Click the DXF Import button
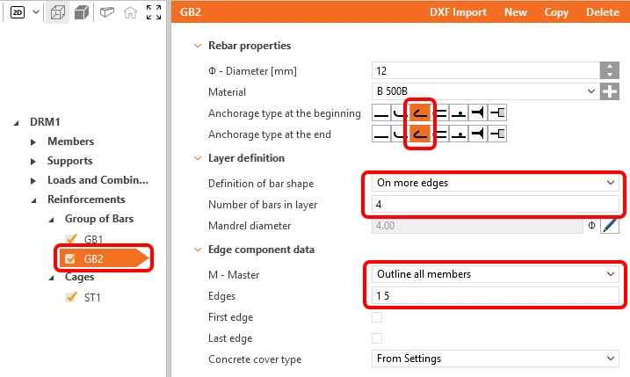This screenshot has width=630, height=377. pos(458,12)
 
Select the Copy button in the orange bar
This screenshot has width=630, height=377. pos(556,12)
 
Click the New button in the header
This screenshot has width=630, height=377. pos(516,12)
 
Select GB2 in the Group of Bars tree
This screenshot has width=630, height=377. pos(94,258)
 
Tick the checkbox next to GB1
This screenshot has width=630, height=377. pos(71,239)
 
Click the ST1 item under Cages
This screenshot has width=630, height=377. pos(92,297)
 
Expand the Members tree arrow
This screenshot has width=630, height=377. pos(33,141)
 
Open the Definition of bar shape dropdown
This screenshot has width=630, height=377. pos(495,183)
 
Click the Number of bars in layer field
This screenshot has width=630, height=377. pos(495,205)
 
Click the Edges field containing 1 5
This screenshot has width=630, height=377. pos(495,296)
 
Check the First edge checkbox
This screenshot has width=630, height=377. pos(377,317)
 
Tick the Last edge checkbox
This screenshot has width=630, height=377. pos(377,338)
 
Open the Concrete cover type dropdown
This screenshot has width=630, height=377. pos(495,359)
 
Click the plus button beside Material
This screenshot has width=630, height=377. pos(610,91)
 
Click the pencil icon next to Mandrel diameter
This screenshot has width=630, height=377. pos(610,226)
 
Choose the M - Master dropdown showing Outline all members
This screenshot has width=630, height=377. pos(495,274)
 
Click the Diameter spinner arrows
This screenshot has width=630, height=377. pos(610,70)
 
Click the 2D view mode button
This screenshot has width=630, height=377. pos(18,12)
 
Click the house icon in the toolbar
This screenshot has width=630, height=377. pos(130,12)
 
